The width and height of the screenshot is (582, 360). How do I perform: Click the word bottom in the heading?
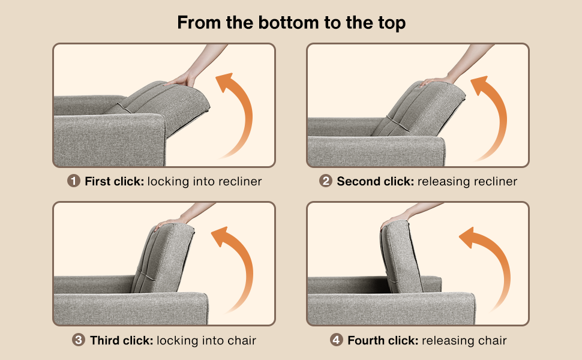pyautogui.click(x=289, y=23)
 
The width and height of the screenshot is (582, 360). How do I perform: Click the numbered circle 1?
pyautogui.click(x=73, y=181)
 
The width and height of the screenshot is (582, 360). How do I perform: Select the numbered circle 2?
pyautogui.click(x=326, y=181)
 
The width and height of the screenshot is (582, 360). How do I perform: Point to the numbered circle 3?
pyautogui.click(x=79, y=340)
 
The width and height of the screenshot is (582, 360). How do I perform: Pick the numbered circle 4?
pyautogui.click(x=336, y=340)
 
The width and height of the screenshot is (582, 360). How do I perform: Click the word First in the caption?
pyautogui.click(x=98, y=181)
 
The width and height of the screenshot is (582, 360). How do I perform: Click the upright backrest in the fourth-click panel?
pyautogui.click(x=401, y=256)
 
